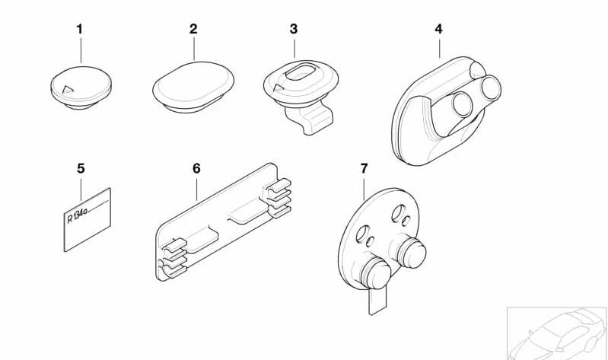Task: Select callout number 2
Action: (x=193, y=29)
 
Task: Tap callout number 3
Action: (x=294, y=29)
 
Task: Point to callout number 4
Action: (x=438, y=29)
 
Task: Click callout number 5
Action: (x=81, y=167)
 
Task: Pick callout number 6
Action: (x=196, y=167)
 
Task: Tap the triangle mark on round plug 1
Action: (x=68, y=90)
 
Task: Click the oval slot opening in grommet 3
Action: (x=297, y=77)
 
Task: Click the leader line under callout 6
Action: (x=196, y=188)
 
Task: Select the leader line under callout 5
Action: (x=81, y=184)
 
